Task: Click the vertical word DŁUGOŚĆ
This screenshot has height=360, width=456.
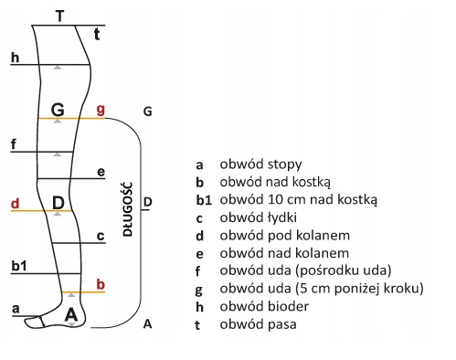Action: click(128, 209)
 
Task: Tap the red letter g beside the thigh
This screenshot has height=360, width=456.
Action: click(101, 110)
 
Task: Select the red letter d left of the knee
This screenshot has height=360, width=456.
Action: click(16, 203)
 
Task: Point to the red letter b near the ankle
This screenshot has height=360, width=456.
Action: click(101, 284)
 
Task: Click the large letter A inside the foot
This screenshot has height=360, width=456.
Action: click(71, 314)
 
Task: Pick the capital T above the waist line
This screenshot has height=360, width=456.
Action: click(60, 16)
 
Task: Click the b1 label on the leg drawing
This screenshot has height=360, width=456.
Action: click(19, 266)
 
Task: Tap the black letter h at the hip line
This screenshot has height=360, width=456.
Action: click(15, 58)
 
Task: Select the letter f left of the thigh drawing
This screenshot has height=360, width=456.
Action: click(14, 144)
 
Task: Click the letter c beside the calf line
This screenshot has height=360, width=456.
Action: click(101, 236)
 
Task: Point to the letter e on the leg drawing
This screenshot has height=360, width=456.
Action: click(101, 172)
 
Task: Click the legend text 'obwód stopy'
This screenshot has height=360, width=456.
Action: click(260, 164)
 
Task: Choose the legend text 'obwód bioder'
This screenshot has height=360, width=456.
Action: click(264, 306)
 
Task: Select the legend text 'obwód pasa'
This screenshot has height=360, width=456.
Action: click(258, 324)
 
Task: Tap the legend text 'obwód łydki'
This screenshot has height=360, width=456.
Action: click(258, 217)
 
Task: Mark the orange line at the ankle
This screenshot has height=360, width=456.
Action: click(83, 292)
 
